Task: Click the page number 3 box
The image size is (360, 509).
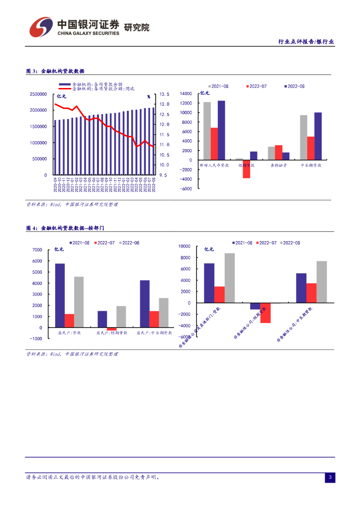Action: pyautogui.click(x=330, y=478)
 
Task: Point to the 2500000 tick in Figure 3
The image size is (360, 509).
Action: pyautogui.click(x=38, y=94)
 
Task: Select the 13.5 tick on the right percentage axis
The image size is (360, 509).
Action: pyautogui.click(x=165, y=94)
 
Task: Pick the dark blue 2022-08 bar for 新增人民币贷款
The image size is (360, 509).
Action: pyautogui.click(x=221, y=130)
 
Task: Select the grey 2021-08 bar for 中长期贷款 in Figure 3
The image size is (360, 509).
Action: pyautogui.click(x=303, y=138)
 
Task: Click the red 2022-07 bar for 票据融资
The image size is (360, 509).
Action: pyautogui.click(x=278, y=153)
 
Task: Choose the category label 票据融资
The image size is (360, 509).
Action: pyautogui.click(x=278, y=165)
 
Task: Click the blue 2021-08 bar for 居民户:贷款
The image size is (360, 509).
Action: pyautogui.click(x=60, y=295)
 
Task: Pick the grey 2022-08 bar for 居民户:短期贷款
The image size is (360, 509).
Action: pyautogui.click(x=121, y=317)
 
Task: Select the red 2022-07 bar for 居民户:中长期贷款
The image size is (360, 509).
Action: pyautogui.click(x=154, y=319)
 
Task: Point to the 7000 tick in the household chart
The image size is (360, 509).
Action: pyautogui.click(x=37, y=250)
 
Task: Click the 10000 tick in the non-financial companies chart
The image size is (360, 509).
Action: pyautogui.click(x=184, y=246)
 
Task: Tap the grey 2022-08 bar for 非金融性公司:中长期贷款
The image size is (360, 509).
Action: pyautogui.click(x=322, y=282)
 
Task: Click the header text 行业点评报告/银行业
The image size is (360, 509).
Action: pyautogui.click(x=306, y=42)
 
